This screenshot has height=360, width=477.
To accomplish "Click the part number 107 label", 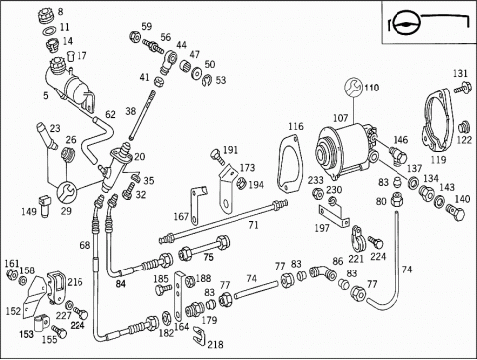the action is click(340, 118).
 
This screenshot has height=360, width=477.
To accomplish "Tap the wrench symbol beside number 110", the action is click(353, 88).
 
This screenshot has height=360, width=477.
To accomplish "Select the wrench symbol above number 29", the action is click(66, 191).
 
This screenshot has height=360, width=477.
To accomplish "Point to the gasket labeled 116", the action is click(289, 164).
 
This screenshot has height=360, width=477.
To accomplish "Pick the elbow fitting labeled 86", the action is click(323, 271).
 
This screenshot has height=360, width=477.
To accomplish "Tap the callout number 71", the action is click(253, 226).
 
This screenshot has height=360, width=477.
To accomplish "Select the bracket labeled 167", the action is click(198, 206).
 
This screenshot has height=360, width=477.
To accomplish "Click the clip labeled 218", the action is click(199, 335).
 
